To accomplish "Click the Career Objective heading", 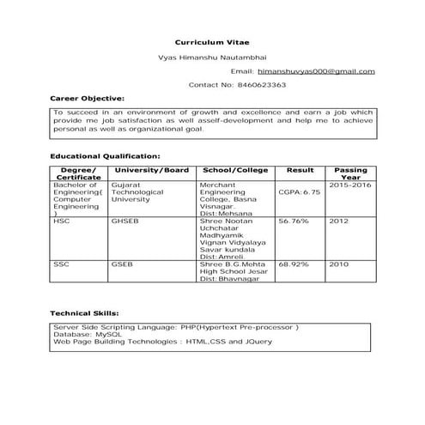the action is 87,99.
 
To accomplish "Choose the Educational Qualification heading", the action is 105,156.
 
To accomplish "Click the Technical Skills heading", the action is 84,313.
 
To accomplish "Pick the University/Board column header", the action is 151,170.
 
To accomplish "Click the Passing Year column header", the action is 350,173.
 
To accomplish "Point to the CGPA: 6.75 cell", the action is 299,192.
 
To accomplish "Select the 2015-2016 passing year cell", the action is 350,185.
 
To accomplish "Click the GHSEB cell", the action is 123,221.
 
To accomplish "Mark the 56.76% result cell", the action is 293,221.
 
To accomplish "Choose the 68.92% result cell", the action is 293,264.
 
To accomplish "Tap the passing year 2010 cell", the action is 338,264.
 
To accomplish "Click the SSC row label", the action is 61,264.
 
